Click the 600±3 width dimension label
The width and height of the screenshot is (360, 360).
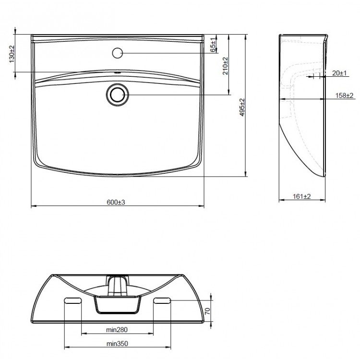click(x=116, y=202)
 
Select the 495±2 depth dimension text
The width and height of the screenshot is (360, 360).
click(x=242, y=107)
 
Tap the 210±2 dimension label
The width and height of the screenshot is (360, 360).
click(x=225, y=66)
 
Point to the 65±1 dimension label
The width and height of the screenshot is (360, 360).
click(x=213, y=45)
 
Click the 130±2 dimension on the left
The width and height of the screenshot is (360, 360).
click(x=12, y=54)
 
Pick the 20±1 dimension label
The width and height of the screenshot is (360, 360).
click(x=339, y=73)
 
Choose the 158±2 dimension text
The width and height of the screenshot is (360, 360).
click(x=344, y=96)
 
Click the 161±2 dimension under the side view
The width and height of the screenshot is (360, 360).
click(x=302, y=196)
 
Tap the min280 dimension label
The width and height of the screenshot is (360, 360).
click(x=117, y=330)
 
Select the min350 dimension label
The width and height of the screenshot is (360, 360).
click(x=117, y=344)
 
